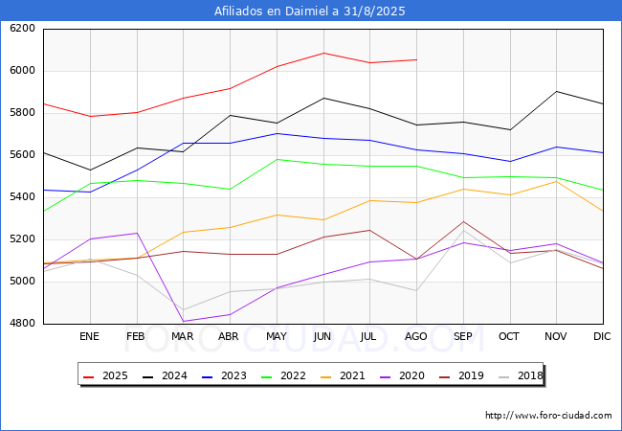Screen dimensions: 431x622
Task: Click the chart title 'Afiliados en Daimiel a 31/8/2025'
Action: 310,11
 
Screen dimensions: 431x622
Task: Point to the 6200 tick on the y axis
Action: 22,29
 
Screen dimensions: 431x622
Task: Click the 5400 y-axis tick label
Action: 22,197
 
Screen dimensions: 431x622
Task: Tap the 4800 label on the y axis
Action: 22,324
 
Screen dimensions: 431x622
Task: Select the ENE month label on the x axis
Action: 89,337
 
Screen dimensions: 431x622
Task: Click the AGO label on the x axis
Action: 416,337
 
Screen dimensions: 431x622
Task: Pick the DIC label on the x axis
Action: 602,337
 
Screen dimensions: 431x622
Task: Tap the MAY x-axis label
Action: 276,337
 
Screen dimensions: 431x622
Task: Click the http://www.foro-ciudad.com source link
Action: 548,416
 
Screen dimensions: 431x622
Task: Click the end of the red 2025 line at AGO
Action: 416,59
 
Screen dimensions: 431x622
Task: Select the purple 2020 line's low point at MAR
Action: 183,322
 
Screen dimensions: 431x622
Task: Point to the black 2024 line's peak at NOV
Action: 556,91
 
